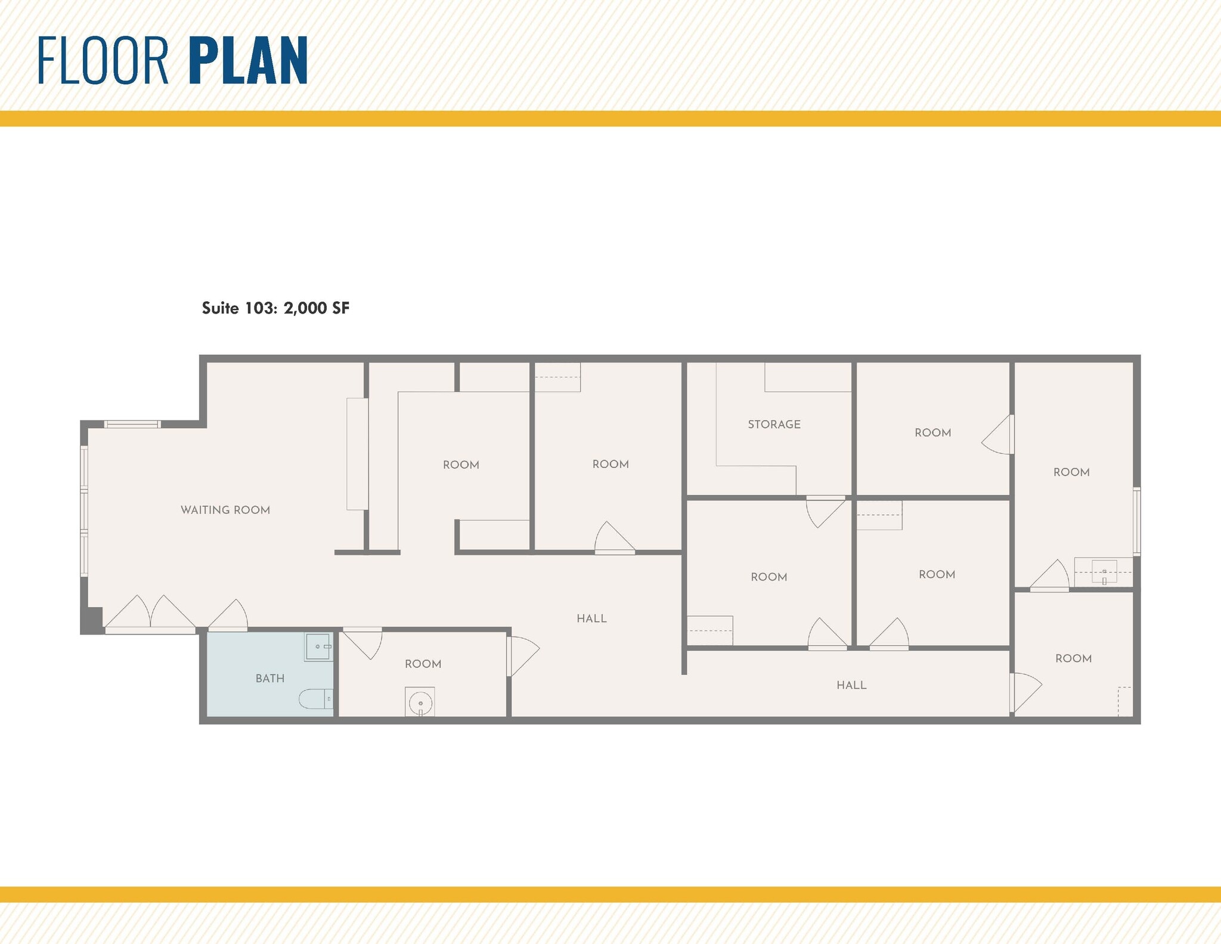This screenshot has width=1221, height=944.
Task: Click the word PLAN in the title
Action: tap(248, 60)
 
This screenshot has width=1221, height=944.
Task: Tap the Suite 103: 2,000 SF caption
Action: tap(275, 308)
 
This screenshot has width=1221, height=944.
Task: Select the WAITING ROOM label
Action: tap(225, 510)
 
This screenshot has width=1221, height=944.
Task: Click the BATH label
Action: tap(270, 679)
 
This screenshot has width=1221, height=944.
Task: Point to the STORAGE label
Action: tap(774, 425)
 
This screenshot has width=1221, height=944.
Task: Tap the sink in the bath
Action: tap(318, 647)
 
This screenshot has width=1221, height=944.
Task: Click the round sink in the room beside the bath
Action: tap(420, 702)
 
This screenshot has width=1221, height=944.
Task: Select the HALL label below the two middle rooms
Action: tap(851, 685)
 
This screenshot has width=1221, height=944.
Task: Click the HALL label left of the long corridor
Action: tap(591, 619)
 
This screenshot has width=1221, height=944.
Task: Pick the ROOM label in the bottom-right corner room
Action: tap(1073, 658)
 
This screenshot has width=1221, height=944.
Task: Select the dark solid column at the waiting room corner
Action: tap(92, 620)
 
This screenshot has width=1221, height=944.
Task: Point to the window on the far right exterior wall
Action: tap(1136, 522)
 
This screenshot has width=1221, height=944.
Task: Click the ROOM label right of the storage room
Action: tap(932, 433)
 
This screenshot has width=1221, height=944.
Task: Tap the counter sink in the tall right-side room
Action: tap(1104, 572)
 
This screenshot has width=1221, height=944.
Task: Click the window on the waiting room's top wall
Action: tap(132, 425)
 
